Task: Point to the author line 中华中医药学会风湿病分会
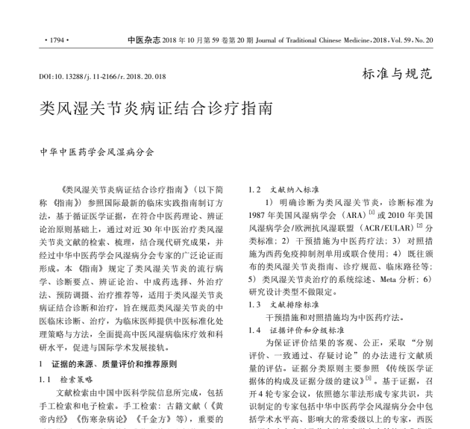97,151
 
